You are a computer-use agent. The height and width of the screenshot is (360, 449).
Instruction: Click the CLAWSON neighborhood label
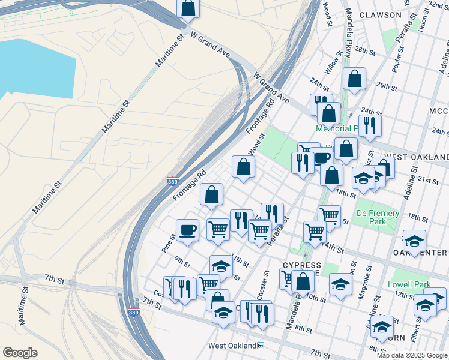pyautogui.click(x=380, y=14)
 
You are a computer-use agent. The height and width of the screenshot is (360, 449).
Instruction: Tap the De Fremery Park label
pyautogui.click(x=378, y=217)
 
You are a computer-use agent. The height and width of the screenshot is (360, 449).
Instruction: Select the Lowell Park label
pyautogui.click(x=409, y=284)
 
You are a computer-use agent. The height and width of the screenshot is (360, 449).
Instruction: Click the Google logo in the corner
pyautogui.click(x=20, y=353)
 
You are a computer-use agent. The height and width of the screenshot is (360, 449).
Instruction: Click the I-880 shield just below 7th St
pyautogui.click(x=134, y=313)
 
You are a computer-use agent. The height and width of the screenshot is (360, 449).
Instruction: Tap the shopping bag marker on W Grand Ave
pyautogui.click(x=188, y=9)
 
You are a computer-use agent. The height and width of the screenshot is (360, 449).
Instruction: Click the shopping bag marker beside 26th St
pyautogui.click(x=354, y=79)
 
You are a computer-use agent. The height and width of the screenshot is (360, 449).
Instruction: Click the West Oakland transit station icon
pyautogui.click(x=260, y=346)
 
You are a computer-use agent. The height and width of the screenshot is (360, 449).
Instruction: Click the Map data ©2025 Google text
pyautogui.click(x=412, y=355)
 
